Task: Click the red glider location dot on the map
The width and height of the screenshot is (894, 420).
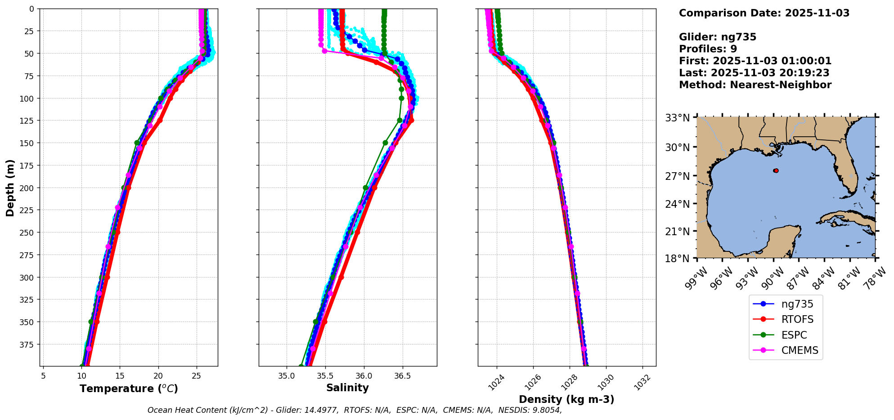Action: [x=776, y=171]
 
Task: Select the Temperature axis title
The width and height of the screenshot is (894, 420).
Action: [x=129, y=389]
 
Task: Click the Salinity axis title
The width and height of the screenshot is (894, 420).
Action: [x=347, y=388]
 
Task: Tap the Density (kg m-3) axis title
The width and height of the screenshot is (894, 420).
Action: [x=566, y=399]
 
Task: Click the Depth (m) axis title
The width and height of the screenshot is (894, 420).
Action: [x=10, y=188]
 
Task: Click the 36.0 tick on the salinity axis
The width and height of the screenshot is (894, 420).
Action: [x=364, y=375]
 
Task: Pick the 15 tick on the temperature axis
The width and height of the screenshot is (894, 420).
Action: [x=120, y=375]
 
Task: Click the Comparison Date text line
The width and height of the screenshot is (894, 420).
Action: [x=764, y=13]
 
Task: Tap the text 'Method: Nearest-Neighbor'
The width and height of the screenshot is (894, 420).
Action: [x=755, y=85]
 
